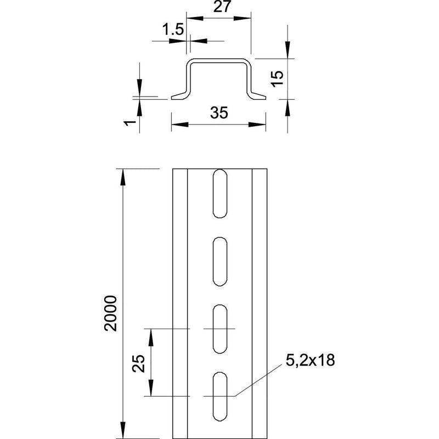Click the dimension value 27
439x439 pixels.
pyautogui.click(x=222, y=7)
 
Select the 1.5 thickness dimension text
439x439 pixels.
pyautogui.click(x=173, y=30)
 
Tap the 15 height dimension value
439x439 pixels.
pyautogui.click(x=278, y=78)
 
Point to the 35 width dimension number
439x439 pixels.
pyautogui.click(x=219, y=112)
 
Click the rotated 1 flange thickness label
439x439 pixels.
pyautogui.click(x=130, y=122)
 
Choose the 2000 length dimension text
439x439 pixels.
pyautogui.click(x=111, y=313)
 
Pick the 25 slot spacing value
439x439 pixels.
pyautogui.click(x=139, y=363)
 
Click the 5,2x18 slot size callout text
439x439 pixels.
pyautogui.click(x=310, y=360)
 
